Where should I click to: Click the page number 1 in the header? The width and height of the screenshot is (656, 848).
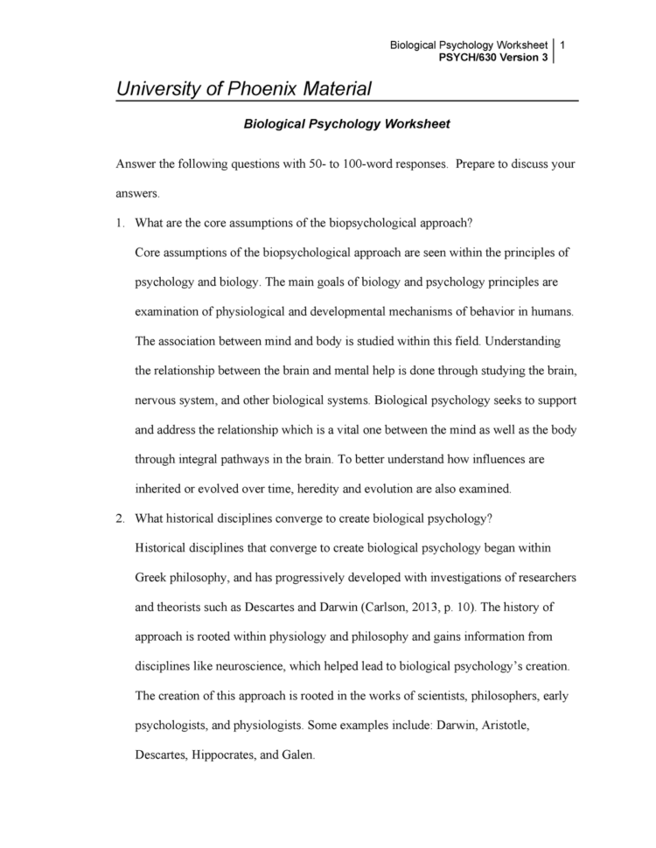[562, 45]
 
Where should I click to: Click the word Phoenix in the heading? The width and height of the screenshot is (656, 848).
[264, 88]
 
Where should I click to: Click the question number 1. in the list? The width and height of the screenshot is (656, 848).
[121, 222]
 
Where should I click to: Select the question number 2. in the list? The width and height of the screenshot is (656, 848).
[121, 518]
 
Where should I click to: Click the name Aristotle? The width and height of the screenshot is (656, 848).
[495, 725]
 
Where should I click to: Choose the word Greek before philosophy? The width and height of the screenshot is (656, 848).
[154, 577]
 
